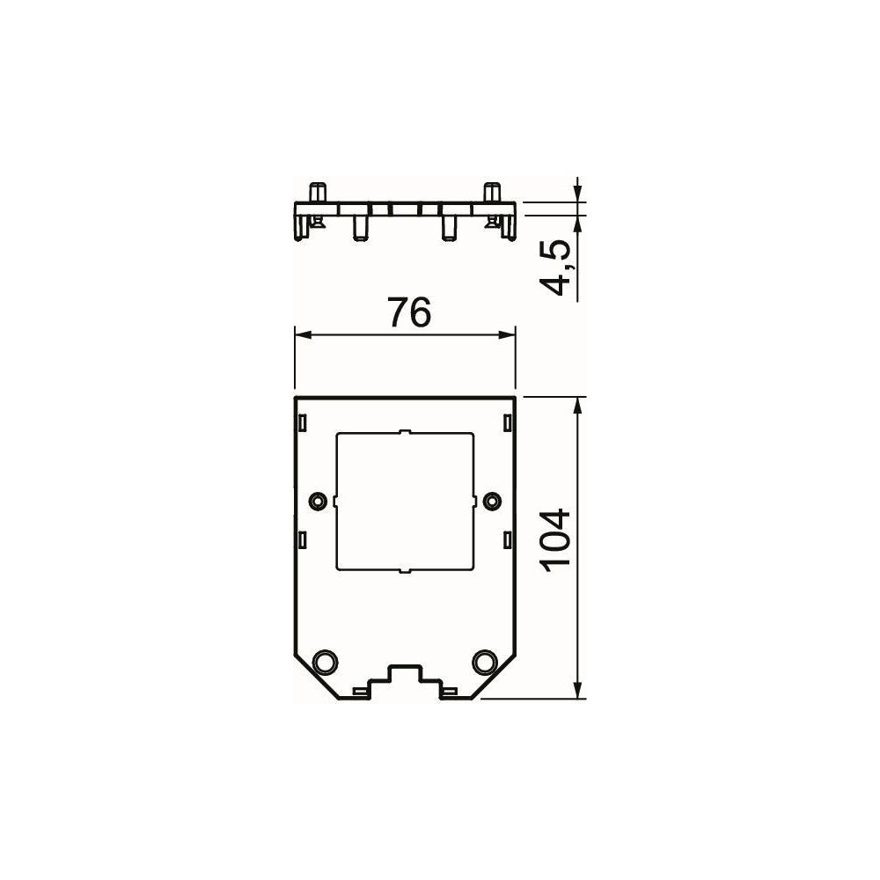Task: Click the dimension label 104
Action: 555,540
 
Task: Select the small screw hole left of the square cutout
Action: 319,500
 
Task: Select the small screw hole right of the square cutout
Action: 492,500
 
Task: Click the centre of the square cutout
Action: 405,502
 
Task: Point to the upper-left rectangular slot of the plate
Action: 303,422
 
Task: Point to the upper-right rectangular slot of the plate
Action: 508,422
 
